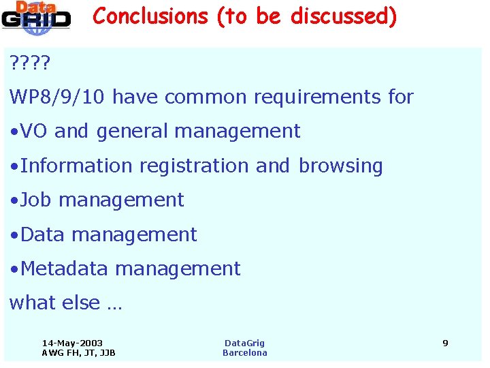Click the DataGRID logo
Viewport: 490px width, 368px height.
tap(35, 16)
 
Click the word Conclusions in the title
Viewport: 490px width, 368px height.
tap(150, 16)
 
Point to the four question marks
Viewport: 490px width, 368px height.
tap(30, 64)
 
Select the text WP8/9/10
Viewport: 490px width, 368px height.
tap(57, 97)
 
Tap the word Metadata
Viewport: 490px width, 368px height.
tap(64, 269)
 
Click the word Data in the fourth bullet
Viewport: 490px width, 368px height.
tap(43, 234)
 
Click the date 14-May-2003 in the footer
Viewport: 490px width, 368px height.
tap(72, 343)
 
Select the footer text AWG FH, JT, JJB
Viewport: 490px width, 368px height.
tap(78, 353)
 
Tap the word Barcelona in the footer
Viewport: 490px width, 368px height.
tap(245, 353)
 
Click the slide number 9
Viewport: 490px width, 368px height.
tap(445, 343)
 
